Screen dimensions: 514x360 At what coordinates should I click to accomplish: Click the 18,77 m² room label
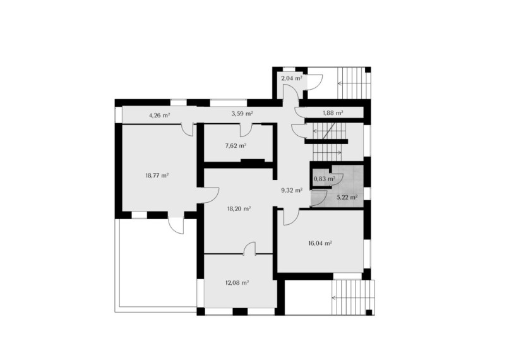click(x=157, y=176)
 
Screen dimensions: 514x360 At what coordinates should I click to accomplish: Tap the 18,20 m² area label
click(x=239, y=208)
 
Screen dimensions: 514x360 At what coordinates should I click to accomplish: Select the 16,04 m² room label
click(x=320, y=243)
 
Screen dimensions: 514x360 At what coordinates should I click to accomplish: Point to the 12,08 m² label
click(x=237, y=283)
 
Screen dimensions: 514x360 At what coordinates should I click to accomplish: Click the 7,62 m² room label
click(x=236, y=146)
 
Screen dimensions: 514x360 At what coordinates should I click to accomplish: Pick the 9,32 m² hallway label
click(x=292, y=190)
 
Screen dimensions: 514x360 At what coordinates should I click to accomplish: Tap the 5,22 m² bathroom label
click(x=347, y=198)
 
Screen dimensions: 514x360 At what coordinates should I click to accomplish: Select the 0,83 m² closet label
click(x=324, y=179)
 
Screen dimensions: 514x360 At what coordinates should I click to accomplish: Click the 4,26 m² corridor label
click(x=159, y=115)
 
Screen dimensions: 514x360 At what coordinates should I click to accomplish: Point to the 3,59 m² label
click(x=242, y=114)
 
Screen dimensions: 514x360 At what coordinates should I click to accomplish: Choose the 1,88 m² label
click(x=333, y=113)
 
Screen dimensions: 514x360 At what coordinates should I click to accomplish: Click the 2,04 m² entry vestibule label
click(x=292, y=78)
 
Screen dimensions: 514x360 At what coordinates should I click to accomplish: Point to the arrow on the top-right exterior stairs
click(x=350, y=83)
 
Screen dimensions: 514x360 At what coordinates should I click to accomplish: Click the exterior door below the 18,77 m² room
click(x=176, y=226)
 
